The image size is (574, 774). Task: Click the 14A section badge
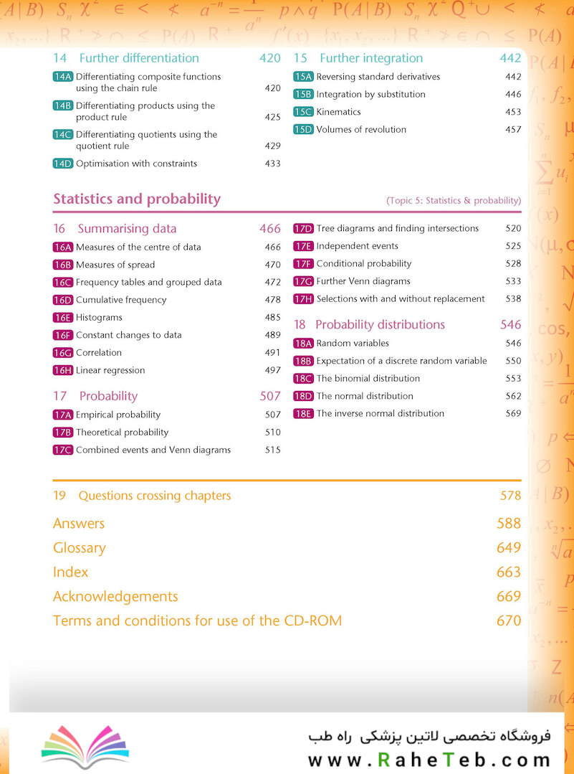[x=62, y=77]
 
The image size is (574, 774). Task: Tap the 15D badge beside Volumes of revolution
[x=303, y=129]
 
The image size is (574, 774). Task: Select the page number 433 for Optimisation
[x=273, y=164]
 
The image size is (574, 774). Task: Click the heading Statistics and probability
[x=137, y=199]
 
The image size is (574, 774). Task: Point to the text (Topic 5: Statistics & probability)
[x=454, y=200]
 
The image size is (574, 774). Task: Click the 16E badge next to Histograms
[x=62, y=317]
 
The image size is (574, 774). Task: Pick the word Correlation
[x=99, y=352]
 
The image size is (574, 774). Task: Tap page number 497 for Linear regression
[x=273, y=370]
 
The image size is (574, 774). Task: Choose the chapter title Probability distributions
[x=381, y=325]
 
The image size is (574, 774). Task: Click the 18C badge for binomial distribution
[x=303, y=379]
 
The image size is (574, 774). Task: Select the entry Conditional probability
[x=364, y=263]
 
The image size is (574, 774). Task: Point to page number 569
[x=513, y=414]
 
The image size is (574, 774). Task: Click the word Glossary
[x=80, y=548]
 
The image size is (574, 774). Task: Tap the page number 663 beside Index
[x=509, y=572]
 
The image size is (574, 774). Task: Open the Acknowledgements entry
[x=115, y=597]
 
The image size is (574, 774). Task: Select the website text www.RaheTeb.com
[x=429, y=760]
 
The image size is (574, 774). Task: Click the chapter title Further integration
[x=371, y=58]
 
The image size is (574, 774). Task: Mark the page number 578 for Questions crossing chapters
[x=510, y=496]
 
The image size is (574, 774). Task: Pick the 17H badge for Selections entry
[x=303, y=299]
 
